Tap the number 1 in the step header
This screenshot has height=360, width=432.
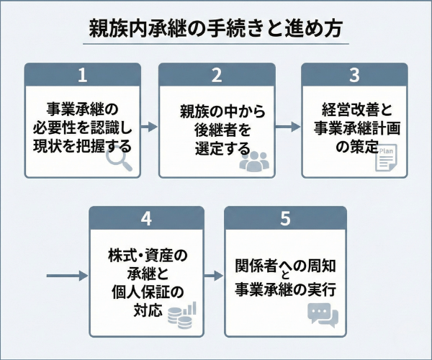(x=82, y=75)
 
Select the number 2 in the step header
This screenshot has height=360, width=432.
(x=215, y=75)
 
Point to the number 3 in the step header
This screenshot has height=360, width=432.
(x=354, y=75)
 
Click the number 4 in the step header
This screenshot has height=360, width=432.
(x=146, y=218)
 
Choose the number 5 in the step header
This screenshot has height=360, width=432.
(x=285, y=218)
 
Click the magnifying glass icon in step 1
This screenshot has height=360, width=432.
(x=120, y=163)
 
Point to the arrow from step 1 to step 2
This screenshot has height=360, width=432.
(x=148, y=127)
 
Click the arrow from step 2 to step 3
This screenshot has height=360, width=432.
(x=287, y=127)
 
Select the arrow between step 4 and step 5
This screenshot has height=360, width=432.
(x=214, y=275)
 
